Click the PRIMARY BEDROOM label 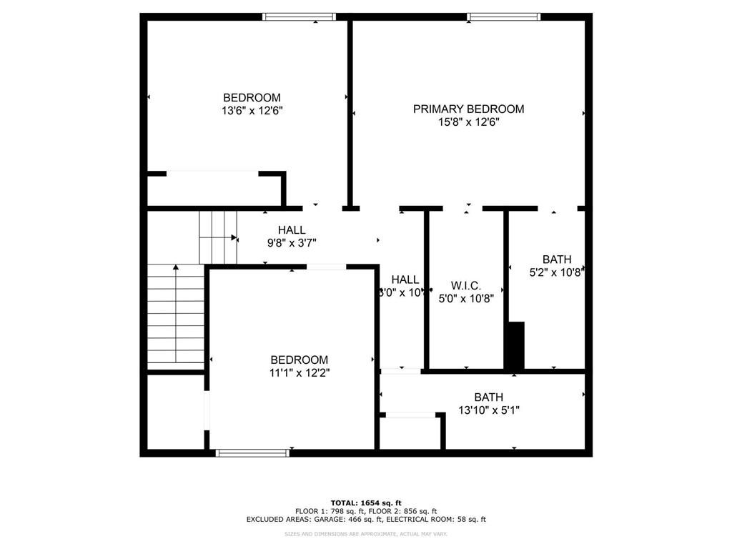468,109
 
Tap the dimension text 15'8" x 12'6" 468,122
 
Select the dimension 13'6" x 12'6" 252,111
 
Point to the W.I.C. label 465,285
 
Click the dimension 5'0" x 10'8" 465,299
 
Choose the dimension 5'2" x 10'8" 556,272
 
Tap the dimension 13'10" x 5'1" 488,410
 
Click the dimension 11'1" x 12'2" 299,372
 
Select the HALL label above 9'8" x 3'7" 292,229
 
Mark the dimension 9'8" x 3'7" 292,242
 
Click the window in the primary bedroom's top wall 503,16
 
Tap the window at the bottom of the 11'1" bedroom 252,452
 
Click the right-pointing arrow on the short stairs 233,237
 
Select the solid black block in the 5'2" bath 515,345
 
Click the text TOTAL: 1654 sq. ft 365,503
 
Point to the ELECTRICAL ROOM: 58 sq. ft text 441,520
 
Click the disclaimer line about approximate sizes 365,534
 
